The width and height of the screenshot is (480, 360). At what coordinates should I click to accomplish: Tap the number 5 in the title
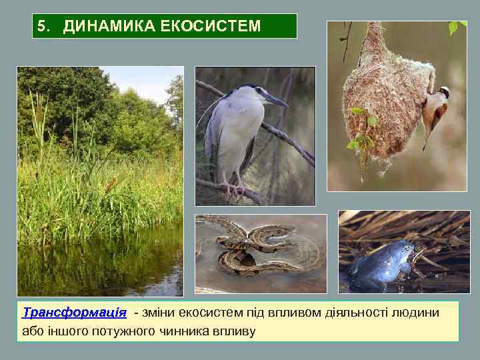point(42,27)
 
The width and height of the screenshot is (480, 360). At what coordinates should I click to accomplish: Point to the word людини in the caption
point(415,313)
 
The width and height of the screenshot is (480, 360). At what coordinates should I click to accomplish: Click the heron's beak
point(276,101)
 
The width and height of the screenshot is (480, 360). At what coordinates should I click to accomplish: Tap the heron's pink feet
point(234,191)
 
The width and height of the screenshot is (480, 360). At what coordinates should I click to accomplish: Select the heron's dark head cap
point(250,88)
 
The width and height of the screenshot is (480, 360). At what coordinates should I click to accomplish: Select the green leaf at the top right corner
point(455,27)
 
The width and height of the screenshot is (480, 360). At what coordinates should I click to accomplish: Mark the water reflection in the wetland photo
point(100,263)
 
